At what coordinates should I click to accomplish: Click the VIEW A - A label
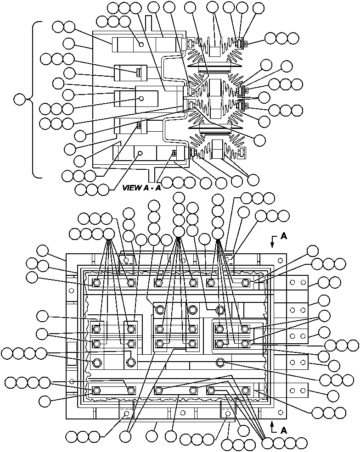[141, 188]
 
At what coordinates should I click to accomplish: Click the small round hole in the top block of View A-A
[141, 45]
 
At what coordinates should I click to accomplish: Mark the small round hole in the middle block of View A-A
[141, 99]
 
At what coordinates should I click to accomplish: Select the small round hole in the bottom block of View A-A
[141, 153]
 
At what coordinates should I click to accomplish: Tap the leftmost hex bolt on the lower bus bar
[97, 391]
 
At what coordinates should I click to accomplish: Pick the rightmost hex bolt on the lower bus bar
[245, 391]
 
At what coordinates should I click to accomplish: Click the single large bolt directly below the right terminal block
[220, 363]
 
